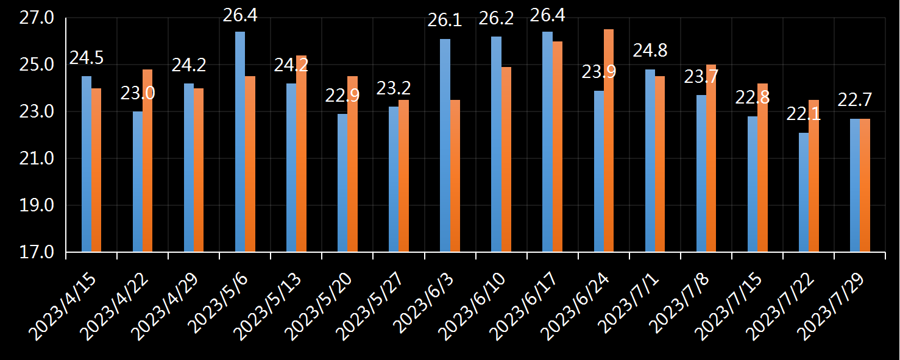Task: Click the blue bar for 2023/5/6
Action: point(240,142)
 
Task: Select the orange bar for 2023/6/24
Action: point(609,141)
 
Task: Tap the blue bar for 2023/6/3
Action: point(445,146)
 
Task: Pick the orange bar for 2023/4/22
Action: point(147,161)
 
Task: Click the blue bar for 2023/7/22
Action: point(804,192)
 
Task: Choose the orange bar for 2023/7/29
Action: point(865,185)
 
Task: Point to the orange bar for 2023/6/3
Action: point(455,176)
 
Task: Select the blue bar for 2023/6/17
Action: point(547,142)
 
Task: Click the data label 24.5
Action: point(87,58)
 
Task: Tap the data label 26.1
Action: point(445,21)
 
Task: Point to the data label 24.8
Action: point(650,51)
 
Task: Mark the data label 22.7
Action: point(854,100)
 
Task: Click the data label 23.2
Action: point(394,88)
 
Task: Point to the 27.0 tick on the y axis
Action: point(37,18)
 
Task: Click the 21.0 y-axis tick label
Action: point(37,158)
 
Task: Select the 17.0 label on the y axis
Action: point(37,252)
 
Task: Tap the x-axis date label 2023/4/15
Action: point(63,308)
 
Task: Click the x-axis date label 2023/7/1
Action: point(631,304)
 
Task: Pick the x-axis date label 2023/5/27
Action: point(370,308)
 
